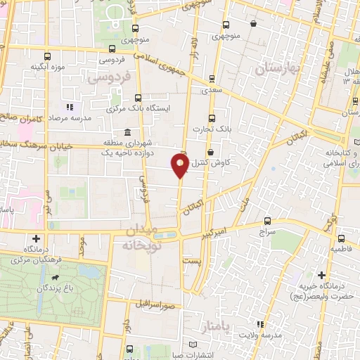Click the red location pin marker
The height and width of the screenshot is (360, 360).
pos(180,167)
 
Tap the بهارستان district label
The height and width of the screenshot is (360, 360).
pos(277,68)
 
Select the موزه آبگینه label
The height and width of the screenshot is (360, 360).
pos(47,67)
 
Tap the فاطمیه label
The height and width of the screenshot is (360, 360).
pos(343,249)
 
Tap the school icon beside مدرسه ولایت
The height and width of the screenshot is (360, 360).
pos(259,324)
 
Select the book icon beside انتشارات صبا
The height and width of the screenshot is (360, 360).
pos(194,344)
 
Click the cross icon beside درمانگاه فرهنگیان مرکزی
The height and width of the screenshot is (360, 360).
pos(35,238)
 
